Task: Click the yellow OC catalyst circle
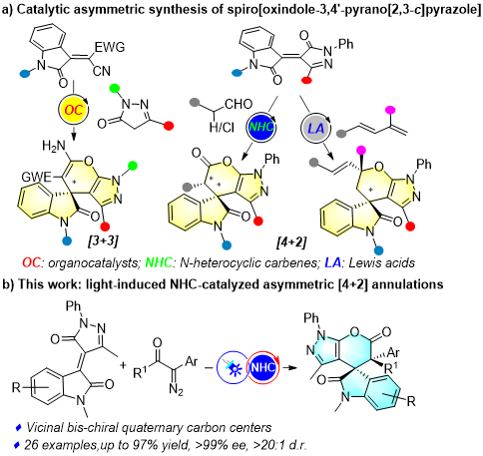73,109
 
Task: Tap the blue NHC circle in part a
261,127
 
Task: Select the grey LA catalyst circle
316,128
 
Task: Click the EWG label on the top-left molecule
110,47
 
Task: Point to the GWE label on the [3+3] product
36,177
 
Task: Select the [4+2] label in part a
291,241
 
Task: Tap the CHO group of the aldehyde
239,104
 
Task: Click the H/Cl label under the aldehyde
222,127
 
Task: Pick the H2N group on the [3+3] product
54,146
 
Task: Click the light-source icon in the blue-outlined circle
232,367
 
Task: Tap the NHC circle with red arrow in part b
262,367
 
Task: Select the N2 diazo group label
176,388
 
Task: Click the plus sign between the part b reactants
123,365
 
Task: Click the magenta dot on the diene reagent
389,110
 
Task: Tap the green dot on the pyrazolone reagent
115,88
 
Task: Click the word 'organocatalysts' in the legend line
93,263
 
